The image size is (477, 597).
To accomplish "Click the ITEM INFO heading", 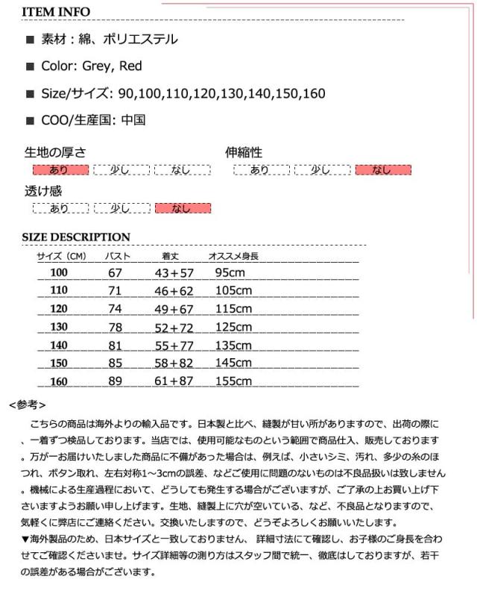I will pos(56,12).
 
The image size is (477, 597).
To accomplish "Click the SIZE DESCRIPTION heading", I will pos(76,237).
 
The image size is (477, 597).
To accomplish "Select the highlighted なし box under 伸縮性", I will pos(383,170).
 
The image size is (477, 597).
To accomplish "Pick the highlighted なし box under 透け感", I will pos(182,208).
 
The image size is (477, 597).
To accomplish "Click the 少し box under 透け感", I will pos(121,208).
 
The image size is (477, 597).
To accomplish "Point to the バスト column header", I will pos(116,256).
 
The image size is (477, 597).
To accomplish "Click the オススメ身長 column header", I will pos(233,256).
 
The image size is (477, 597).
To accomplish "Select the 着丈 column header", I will pos(171,256).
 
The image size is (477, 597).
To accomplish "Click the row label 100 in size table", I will pos(59,272).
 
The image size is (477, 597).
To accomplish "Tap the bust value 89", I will pos(116,381).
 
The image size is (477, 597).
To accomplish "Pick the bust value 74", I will pos(116,309).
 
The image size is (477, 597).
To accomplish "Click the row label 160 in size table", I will pos(59,381).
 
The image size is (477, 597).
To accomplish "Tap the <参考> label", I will pos(28,405).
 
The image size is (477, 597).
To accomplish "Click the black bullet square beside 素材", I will pos(30,40).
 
